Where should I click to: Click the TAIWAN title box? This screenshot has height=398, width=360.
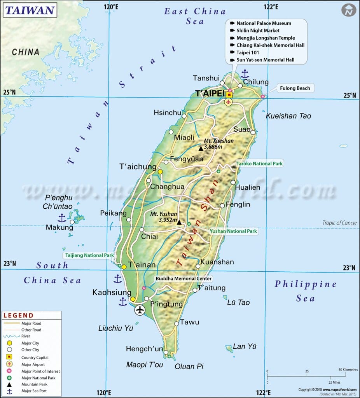pyautogui.click(x=30, y=10)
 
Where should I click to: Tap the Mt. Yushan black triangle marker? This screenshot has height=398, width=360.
pyautogui.click(x=179, y=222)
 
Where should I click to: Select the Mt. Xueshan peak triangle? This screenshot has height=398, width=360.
pyautogui.click(x=201, y=148)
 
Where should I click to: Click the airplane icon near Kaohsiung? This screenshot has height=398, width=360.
pyautogui.click(x=140, y=310)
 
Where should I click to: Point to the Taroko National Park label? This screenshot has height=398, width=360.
pyautogui.click(x=260, y=164)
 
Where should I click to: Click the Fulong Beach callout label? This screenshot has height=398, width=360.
pyautogui.click(x=295, y=88)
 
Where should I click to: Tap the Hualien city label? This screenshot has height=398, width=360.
pyautogui.click(x=248, y=187)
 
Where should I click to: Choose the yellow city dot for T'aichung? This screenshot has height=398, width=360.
pyautogui.click(x=160, y=171)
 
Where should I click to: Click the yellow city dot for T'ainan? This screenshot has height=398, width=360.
pyautogui.click(x=124, y=267)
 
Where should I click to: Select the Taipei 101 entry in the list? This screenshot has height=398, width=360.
pyautogui.click(x=248, y=52)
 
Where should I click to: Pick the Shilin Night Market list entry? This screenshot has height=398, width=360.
pyautogui.click(x=258, y=30)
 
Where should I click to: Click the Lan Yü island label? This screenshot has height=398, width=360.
pyautogui.click(x=245, y=346)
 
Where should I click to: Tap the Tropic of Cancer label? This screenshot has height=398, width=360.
pyautogui.click(x=339, y=223)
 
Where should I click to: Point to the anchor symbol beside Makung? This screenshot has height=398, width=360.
pyautogui.click(x=61, y=218)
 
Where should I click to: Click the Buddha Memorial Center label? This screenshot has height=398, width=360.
pyautogui.click(x=183, y=279)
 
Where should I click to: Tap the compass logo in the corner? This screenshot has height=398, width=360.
pyautogui.click(x=349, y=10)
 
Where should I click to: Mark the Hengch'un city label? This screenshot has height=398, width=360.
pyautogui.click(x=144, y=349)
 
